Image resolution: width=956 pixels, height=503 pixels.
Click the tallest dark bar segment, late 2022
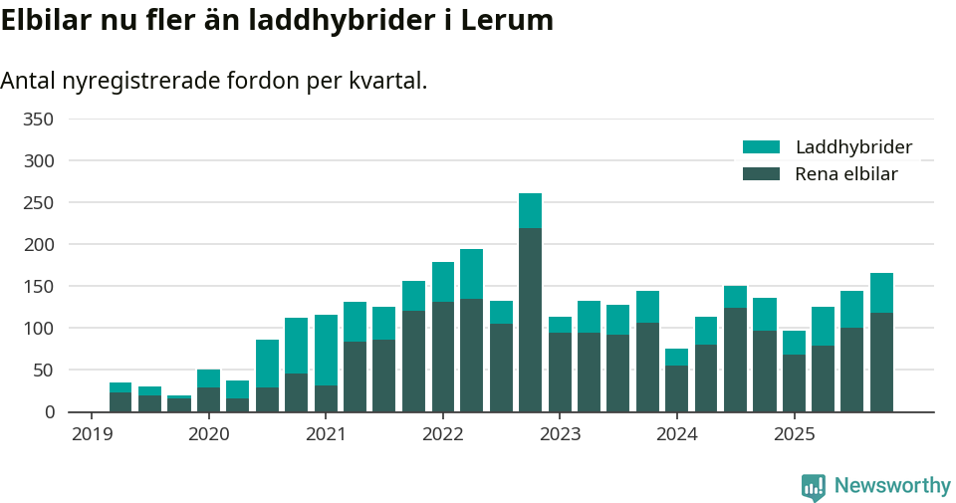point(530,319)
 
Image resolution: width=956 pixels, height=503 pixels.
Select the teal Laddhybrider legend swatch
point(762,147)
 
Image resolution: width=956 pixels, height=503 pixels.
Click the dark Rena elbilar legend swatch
point(762,174)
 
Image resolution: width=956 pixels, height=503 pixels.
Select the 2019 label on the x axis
point(92,434)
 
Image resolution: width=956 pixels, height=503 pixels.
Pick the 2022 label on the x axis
point(443,434)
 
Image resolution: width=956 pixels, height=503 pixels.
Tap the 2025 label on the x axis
point(795,434)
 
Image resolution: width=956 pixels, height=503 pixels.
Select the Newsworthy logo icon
point(813,486)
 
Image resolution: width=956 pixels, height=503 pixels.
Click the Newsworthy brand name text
point(892,486)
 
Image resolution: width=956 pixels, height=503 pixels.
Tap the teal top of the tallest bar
point(530,210)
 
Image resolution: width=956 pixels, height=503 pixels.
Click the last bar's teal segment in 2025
point(881,293)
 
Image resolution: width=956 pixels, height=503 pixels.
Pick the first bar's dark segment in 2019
point(120,401)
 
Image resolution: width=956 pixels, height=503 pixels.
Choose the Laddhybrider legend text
point(853,147)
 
